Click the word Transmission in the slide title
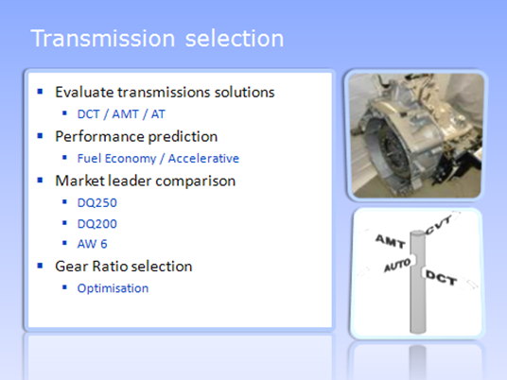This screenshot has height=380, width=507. pyautogui.click(x=103, y=39)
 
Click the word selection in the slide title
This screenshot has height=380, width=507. pyautogui.click(x=235, y=39)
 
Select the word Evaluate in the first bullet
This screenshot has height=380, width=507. pyautogui.click(x=85, y=92)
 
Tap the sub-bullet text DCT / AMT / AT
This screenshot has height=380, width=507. pyautogui.click(x=121, y=114)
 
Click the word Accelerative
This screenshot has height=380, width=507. pyautogui.click(x=203, y=159)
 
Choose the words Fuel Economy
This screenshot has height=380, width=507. pyautogui.click(x=116, y=159)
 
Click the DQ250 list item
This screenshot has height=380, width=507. pyautogui.click(x=97, y=203)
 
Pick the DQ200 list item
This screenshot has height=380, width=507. pyautogui.click(x=97, y=224)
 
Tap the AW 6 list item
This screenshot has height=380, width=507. pyautogui.click(x=92, y=244)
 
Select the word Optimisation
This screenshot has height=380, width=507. pyautogui.click(x=113, y=288)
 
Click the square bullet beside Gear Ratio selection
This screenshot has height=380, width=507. pyautogui.click(x=40, y=266)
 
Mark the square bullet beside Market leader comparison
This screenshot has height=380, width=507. pyautogui.click(x=40, y=181)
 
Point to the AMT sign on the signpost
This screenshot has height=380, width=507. pyautogui.click(x=390, y=241)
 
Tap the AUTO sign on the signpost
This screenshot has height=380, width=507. pyautogui.click(x=397, y=265)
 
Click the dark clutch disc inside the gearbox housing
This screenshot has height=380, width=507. pyautogui.click(x=393, y=151)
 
